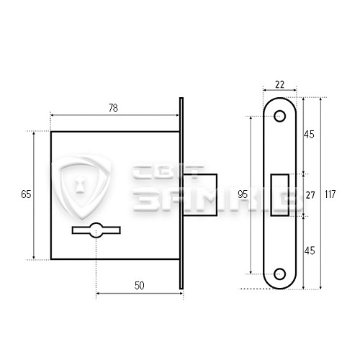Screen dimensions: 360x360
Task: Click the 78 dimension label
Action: point(113,108)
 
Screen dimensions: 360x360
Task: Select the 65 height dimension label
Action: point(26,194)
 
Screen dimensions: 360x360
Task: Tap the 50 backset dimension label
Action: point(139,286)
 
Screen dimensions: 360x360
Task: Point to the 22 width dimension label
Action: point(279,85)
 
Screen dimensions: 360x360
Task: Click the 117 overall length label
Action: point(330,194)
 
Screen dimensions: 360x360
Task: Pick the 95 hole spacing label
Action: point(243,194)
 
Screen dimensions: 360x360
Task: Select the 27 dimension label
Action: point(310,195)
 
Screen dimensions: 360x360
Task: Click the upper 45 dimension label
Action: point(309,135)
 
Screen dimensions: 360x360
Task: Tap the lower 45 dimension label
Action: point(310,251)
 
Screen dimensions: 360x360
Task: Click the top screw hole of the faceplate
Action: point(279,116)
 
